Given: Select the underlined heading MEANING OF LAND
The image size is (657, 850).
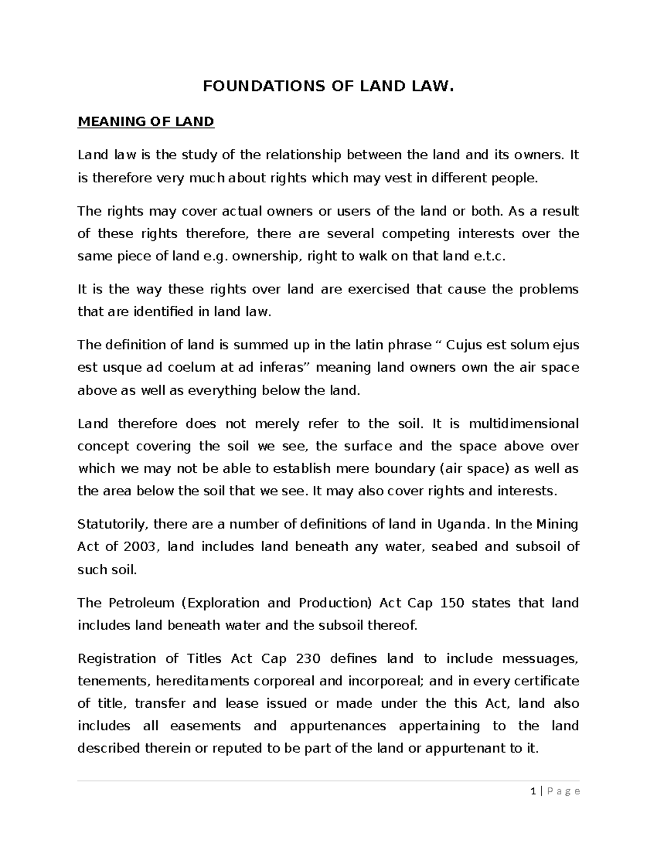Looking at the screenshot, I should (x=146, y=122).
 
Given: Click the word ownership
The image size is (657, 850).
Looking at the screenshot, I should (x=266, y=256).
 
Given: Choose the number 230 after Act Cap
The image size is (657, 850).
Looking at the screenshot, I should (x=308, y=658).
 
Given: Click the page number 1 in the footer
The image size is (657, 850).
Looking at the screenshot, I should (x=533, y=791).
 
